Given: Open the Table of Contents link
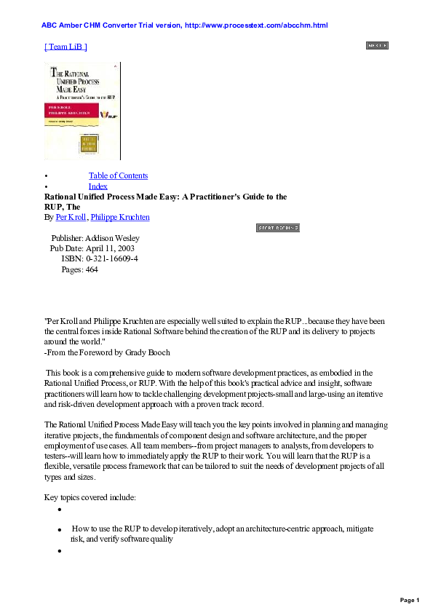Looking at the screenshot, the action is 118,175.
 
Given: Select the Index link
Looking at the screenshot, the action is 98,186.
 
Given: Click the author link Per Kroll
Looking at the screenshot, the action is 71,217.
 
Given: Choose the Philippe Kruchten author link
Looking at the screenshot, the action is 120,217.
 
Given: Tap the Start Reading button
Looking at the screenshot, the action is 278,228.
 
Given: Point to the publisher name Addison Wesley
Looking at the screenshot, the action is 112,238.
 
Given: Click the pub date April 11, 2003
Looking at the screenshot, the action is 110,248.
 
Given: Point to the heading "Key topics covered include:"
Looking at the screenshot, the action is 90,498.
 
